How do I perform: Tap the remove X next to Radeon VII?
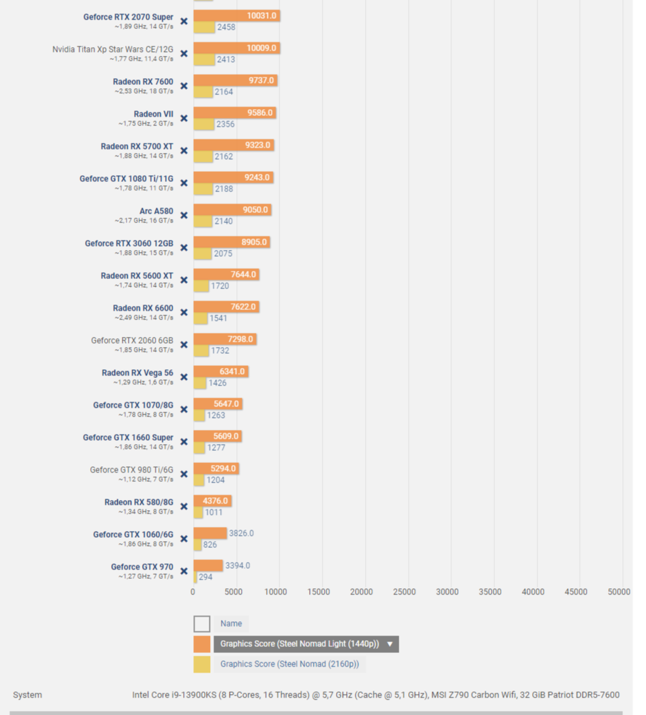pos(184,119)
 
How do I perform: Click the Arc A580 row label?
pos(156,211)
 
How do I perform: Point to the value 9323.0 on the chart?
pos(259,145)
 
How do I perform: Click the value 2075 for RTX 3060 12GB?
pos(223,253)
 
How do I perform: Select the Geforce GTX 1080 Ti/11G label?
pos(126,179)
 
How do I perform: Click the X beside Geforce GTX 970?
pos(184,571)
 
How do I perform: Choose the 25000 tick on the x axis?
pos(404,592)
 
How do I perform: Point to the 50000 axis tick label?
pos(618,592)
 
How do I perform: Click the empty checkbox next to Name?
pos(201,623)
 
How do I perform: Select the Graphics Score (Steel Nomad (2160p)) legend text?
pos(289,664)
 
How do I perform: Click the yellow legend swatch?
pos(201,664)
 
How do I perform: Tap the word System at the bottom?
pos(27,695)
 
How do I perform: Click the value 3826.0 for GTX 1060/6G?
pos(241,533)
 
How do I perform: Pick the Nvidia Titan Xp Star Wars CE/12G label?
pos(112,49)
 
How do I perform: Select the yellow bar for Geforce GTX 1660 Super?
pos(199,447)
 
